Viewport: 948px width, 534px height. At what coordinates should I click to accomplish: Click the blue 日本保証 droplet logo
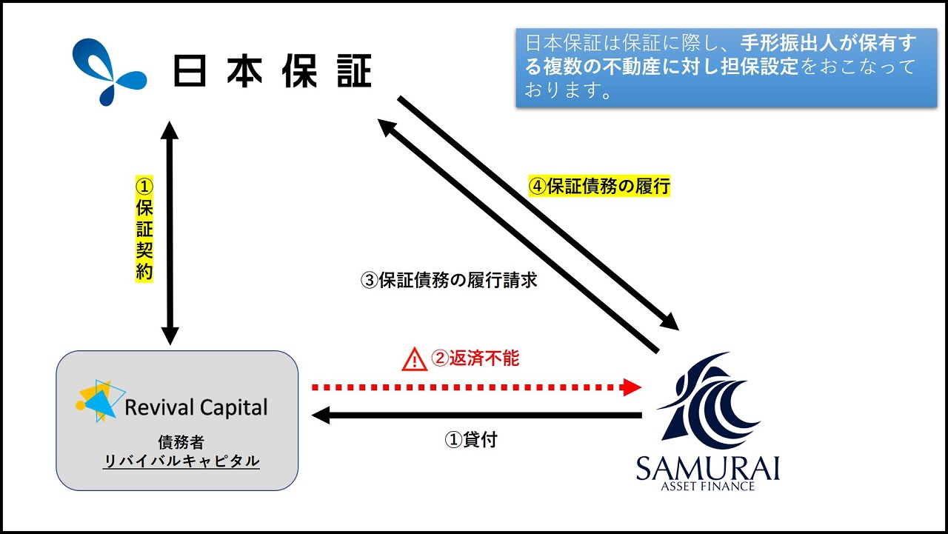click(x=109, y=72)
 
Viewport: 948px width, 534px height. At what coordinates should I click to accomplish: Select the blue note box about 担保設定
click(x=727, y=67)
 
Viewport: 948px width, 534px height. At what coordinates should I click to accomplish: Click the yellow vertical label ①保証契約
click(x=144, y=229)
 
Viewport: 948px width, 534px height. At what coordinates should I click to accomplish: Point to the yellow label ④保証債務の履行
click(x=600, y=186)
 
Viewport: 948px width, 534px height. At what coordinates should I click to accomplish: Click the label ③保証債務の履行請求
click(x=449, y=280)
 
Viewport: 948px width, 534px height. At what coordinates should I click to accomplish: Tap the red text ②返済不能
click(x=475, y=358)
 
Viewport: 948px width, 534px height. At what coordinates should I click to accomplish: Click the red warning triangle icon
click(x=414, y=360)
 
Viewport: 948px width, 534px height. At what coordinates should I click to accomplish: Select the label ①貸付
click(x=471, y=440)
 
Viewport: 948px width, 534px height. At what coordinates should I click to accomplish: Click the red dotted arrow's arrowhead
click(x=632, y=387)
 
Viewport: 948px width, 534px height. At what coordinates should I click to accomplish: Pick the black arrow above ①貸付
click(x=476, y=415)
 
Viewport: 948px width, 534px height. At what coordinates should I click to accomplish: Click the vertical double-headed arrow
click(x=170, y=233)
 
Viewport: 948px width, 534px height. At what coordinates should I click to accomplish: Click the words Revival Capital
click(x=196, y=407)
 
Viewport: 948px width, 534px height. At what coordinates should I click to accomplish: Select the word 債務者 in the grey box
click(x=181, y=442)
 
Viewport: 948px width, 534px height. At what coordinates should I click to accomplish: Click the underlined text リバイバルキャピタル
click(x=181, y=461)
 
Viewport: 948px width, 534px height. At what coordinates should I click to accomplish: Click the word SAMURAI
click(x=708, y=468)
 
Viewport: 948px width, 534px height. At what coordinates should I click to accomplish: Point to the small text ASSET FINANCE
click(x=707, y=486)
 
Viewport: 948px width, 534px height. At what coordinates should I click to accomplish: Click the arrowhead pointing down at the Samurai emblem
click(x=670, y=322)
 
